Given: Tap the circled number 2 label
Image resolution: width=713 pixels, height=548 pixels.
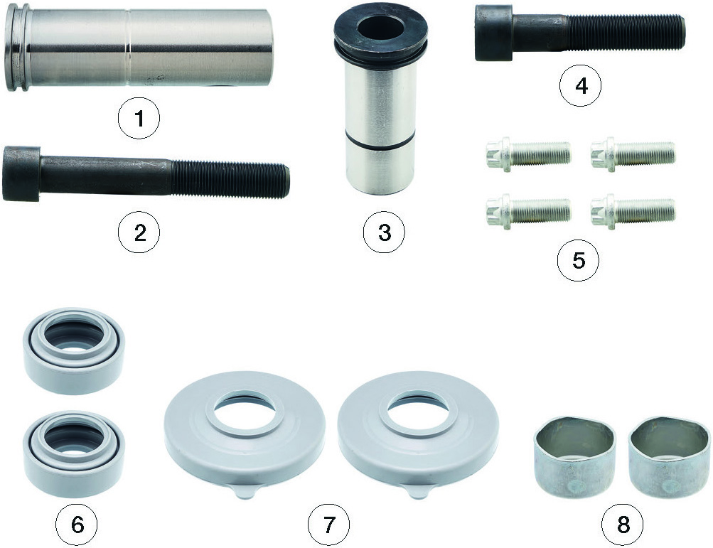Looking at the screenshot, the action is (139, 233).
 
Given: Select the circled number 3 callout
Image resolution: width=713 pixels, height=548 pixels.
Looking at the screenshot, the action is (384, 233).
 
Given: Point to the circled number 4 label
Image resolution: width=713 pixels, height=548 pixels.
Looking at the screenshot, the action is (581, 85).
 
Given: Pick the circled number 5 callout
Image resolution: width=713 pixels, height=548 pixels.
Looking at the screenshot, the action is (579, 260).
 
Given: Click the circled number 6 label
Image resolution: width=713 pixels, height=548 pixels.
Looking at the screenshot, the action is (77, 525).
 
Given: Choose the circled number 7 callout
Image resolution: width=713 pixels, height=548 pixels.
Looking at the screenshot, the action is (328, 525).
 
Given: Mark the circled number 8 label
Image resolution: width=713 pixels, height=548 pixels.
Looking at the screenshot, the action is (623, 525).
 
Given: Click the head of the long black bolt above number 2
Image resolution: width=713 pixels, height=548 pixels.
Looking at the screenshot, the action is (21, 173).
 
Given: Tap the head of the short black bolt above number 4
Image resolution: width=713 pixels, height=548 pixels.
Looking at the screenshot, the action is (494, 32).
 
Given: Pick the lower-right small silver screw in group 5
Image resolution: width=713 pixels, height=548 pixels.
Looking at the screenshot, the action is (633, 210).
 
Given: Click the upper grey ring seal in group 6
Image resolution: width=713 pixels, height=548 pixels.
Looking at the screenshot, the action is (74, 349).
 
